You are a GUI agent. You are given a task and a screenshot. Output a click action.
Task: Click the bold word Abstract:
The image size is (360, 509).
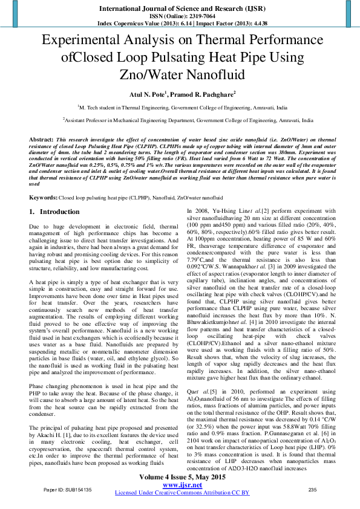point(42,140)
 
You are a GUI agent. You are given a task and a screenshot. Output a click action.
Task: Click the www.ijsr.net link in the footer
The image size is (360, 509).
point(182,485)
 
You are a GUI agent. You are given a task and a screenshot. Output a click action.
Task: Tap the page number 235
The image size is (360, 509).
point(313,490)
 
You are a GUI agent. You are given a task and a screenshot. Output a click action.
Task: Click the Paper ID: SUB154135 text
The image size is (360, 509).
point(62,490)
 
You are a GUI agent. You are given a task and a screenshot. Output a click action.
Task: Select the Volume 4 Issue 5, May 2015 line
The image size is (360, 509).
point(182,478)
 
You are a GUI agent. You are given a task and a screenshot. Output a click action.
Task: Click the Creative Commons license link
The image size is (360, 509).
point(182,493)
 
